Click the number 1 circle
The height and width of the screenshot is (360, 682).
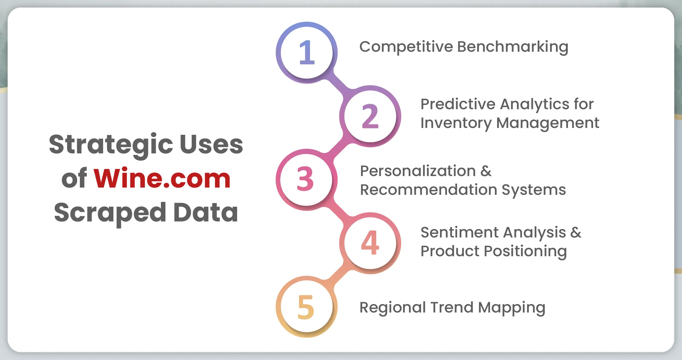[307, 53]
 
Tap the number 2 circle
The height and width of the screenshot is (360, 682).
[370, 116]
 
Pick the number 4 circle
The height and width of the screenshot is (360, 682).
[370, 243]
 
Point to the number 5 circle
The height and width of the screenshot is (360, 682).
[307, 307]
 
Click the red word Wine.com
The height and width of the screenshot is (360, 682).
[162, 178]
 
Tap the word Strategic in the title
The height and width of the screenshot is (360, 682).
[111, 145]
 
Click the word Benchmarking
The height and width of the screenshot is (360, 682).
[513, 47]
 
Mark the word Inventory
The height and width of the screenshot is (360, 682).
[456, 123]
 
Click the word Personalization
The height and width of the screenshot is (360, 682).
[418, 171]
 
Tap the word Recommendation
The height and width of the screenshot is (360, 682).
[428, 190]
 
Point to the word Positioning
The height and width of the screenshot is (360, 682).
[525, 252]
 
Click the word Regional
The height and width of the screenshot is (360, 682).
[392, 308]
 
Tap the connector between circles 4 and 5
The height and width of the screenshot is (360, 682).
[338, 275]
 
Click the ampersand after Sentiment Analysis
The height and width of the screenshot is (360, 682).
[576, 233]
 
